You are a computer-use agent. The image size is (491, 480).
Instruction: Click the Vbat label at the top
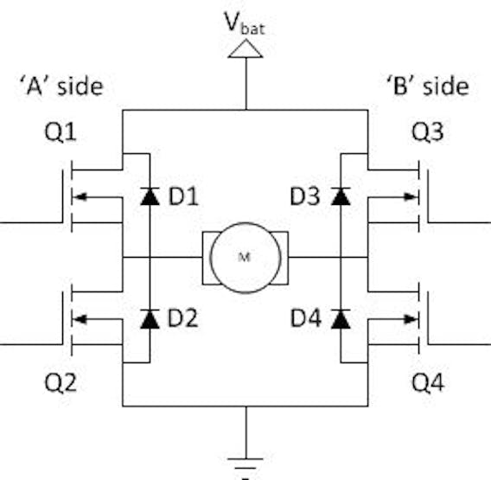245,23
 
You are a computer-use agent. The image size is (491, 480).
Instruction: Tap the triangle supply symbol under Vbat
245,48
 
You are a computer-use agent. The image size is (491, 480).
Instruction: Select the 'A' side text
61,86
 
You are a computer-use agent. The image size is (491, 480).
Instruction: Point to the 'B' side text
428,86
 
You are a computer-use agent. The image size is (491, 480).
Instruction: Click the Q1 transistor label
61,132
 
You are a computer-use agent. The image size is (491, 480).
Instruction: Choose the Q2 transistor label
61,382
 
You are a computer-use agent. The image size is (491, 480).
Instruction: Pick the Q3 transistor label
427,132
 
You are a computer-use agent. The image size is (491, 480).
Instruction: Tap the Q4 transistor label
428,382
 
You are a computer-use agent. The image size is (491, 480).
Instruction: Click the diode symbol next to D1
150,196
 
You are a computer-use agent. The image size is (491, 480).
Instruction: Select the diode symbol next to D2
150,318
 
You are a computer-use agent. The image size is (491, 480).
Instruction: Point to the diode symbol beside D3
341,196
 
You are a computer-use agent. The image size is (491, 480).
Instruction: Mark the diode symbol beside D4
341,318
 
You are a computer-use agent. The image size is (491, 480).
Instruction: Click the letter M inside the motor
245,257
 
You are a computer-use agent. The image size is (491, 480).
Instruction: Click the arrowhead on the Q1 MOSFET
80,197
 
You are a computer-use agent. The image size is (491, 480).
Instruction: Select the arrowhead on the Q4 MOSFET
411,319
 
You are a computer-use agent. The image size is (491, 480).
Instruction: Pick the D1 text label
183,196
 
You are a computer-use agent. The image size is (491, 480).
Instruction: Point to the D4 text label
306,318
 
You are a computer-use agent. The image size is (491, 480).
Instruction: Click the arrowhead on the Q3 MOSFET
411,197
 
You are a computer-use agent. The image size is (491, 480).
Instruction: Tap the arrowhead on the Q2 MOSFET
80,319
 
